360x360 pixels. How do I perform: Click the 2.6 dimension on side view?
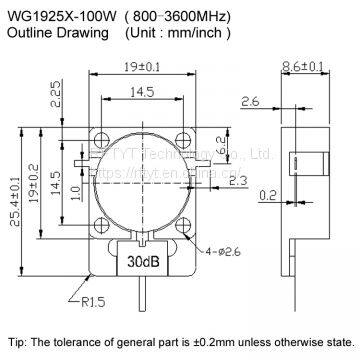coord(250,100)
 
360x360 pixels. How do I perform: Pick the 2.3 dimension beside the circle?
coord(238,180)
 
